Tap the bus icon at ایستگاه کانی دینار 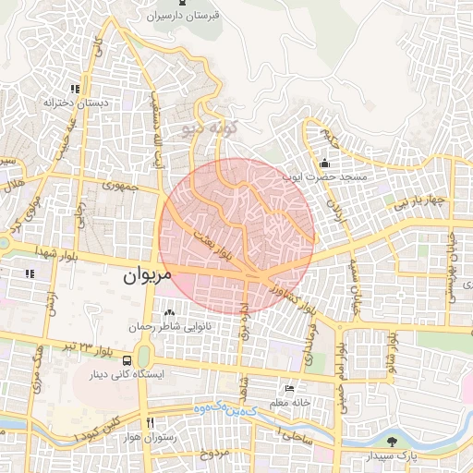126,361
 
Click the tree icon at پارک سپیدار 393,442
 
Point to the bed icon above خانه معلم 290,390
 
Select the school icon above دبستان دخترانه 71,90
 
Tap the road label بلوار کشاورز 289,299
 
